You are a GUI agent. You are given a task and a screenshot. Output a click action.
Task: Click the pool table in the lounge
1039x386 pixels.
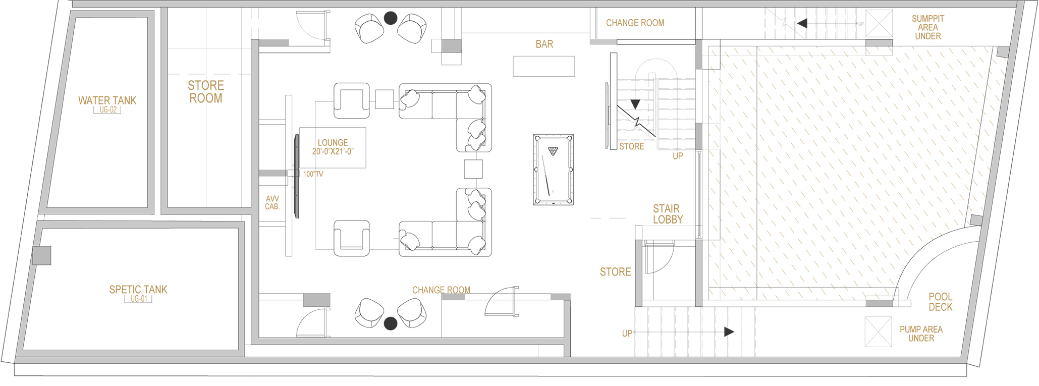pyautogui.click(x=553, y=170)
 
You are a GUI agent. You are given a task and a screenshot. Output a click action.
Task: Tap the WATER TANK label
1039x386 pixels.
pyautogui.click(x=107, y=100)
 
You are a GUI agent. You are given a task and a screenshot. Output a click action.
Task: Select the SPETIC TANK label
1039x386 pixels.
pyautogui.click(x=138, y=290)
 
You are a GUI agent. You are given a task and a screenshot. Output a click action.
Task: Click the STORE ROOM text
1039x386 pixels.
pyautogui.click(x=206, y=92)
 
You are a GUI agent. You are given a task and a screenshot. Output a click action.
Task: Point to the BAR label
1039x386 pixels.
pyautogui.click(x=544, y=44)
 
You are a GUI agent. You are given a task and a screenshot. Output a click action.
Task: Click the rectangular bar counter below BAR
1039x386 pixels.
pyautogui.click(x=544, y=66)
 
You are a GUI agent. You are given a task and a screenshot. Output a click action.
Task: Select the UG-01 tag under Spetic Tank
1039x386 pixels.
pyautogui.click(x=139, y=299)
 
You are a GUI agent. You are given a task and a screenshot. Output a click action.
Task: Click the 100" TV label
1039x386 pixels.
pyautogui.click(x=313, y=174)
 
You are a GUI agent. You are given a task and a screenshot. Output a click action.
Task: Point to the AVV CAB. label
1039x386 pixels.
pyautogui.click(x=272, y=203)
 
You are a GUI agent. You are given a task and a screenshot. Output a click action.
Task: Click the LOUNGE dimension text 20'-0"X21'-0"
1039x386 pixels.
pyautogui.click(x=333, y=151)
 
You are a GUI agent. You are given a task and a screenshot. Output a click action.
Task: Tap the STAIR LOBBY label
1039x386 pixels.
pyautogui.click(x=668, y=214)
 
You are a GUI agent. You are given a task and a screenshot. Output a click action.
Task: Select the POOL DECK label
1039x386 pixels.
pyautogui.click(x=941, y=302)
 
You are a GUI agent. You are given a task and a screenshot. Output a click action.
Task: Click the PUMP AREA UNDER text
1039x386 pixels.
pyautogui.click(x=921, y=334)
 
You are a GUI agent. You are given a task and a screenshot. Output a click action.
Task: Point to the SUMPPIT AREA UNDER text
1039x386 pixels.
pyautogui.click(x=927, y=27)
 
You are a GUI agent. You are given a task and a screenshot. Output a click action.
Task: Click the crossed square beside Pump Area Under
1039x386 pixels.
pyautogui.click(x=878, y=332)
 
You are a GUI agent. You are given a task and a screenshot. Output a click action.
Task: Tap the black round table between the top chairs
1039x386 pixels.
pyautogui.click(x=391, y=18)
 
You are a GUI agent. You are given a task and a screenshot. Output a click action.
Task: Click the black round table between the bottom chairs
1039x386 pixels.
pyautogui.click(x=391, y=323)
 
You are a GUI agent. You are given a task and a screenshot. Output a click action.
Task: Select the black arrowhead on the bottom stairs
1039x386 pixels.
pyautogui.click(x=729, y=332)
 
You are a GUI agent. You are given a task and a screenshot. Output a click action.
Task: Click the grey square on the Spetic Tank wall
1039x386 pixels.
pyautogui.click(x=42, y=255)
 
